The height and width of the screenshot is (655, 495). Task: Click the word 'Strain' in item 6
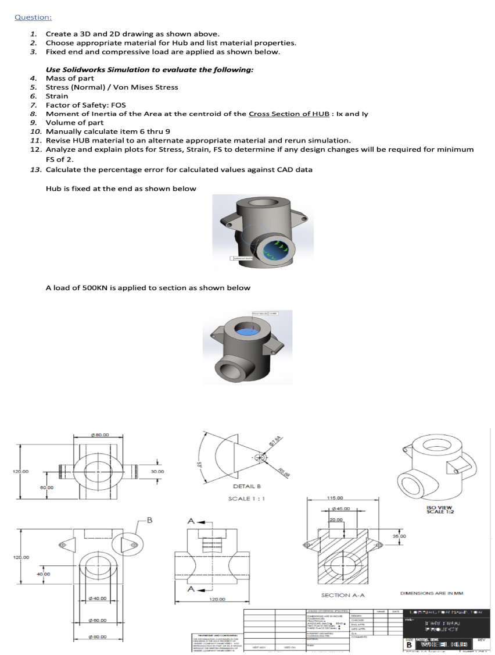click(57, 96)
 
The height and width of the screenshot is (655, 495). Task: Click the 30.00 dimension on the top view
click(157, 472)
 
